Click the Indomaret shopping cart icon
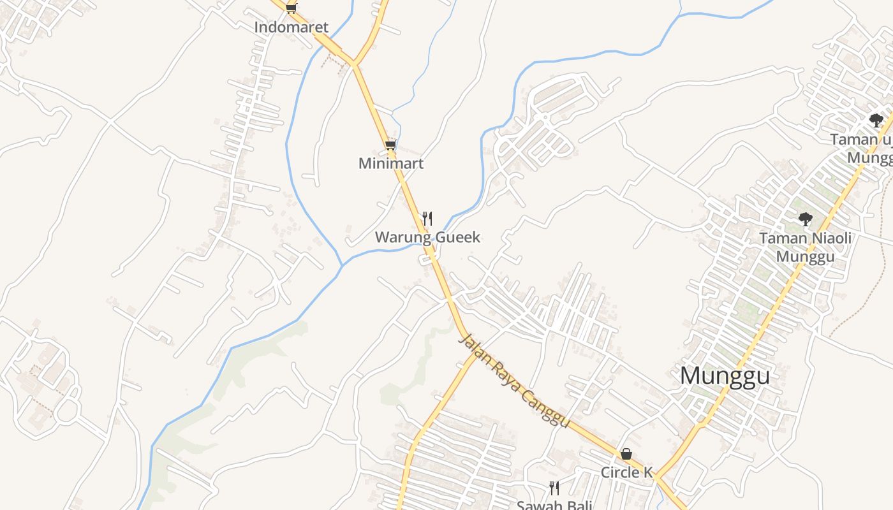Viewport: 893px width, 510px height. tap(292, 8)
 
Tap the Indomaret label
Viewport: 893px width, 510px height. tap(292, 27)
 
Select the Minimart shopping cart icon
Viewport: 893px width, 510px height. tap(390, 145)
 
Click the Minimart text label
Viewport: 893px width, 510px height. tap(391, 163)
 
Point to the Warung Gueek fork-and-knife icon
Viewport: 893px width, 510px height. tap(427, 219)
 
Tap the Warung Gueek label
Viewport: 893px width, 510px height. tap(427, 238)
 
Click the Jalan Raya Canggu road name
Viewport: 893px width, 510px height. tap(513, 381)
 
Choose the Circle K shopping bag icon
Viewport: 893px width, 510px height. tap(626, 454)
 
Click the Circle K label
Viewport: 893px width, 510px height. tap(627, 472)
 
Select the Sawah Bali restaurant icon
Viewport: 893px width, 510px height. tap(554, 488)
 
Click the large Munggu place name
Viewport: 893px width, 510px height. tap(725, 376)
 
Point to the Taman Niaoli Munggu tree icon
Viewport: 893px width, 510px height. tap(806, 219)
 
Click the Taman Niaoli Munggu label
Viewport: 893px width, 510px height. tap(805, 247)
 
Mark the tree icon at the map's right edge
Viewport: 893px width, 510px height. tap(876, 120)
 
